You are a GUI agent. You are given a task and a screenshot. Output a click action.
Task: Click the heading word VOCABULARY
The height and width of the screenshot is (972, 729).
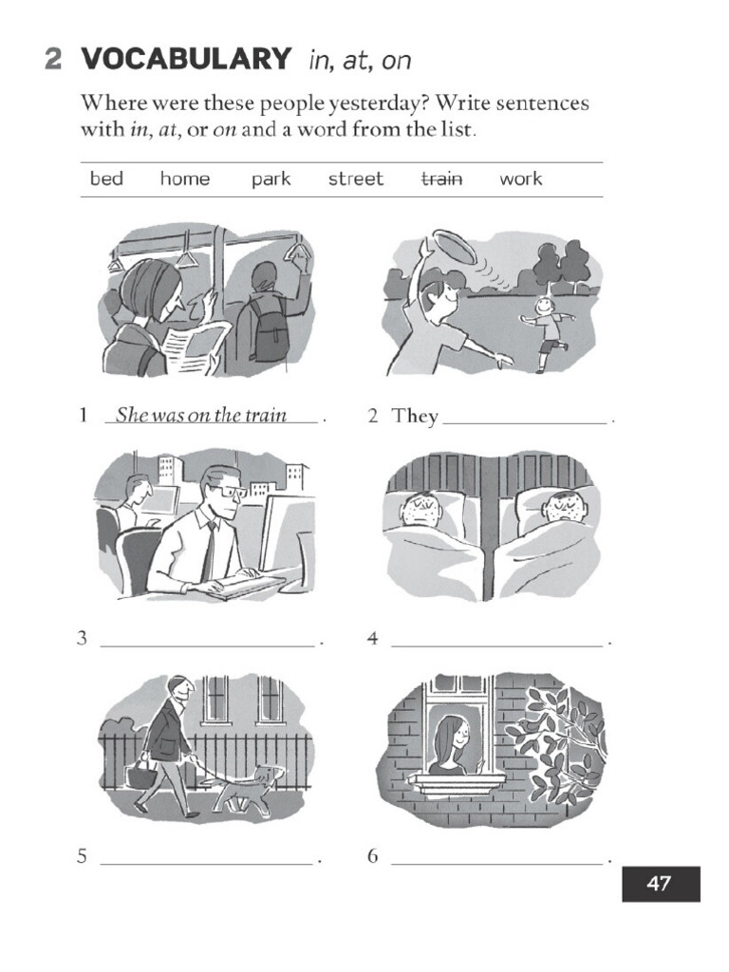pyautogui.click(x=186, y=59)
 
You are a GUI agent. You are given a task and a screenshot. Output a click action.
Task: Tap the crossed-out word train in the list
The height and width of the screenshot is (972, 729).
pyautogui.click(x=441, y=178)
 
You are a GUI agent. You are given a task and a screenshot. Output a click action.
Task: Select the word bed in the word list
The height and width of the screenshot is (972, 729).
pyautogui.click(x=106, y=178)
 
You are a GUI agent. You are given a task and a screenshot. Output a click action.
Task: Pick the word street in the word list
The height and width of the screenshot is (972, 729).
pyautogui.click(x=356, y=178)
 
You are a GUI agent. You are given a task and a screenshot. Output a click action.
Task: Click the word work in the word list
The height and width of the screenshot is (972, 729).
pyautogui.click(x=520, y=178)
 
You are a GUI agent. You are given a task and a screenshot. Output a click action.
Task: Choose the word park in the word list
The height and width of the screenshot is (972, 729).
pyautogui.click(x=271, y=178)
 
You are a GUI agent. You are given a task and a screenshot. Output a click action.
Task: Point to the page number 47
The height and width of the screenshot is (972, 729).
pyautogui.click(x=660, y=884)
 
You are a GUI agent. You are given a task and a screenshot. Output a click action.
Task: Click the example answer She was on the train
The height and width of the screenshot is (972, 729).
pyautogui.click(x=201, y=416)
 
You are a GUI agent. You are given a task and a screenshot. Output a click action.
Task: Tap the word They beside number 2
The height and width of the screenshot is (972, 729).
pyautogui.click(x=415, y=416)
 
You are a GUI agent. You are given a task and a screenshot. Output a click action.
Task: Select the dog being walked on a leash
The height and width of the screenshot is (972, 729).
pyautogui.click(x=250, y=788)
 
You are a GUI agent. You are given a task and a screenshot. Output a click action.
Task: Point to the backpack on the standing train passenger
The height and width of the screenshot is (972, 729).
pyautogui.click(x=269, y=332)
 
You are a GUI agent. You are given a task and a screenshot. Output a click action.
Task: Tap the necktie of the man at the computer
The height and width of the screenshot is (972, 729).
pyautogui.click(x=208, y=550)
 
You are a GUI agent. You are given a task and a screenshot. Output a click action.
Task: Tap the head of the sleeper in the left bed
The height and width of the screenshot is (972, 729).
pyautogui.click(x=421, y=510)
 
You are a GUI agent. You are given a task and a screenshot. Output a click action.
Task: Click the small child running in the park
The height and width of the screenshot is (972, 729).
pyautogui.click(x=545, y=332)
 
